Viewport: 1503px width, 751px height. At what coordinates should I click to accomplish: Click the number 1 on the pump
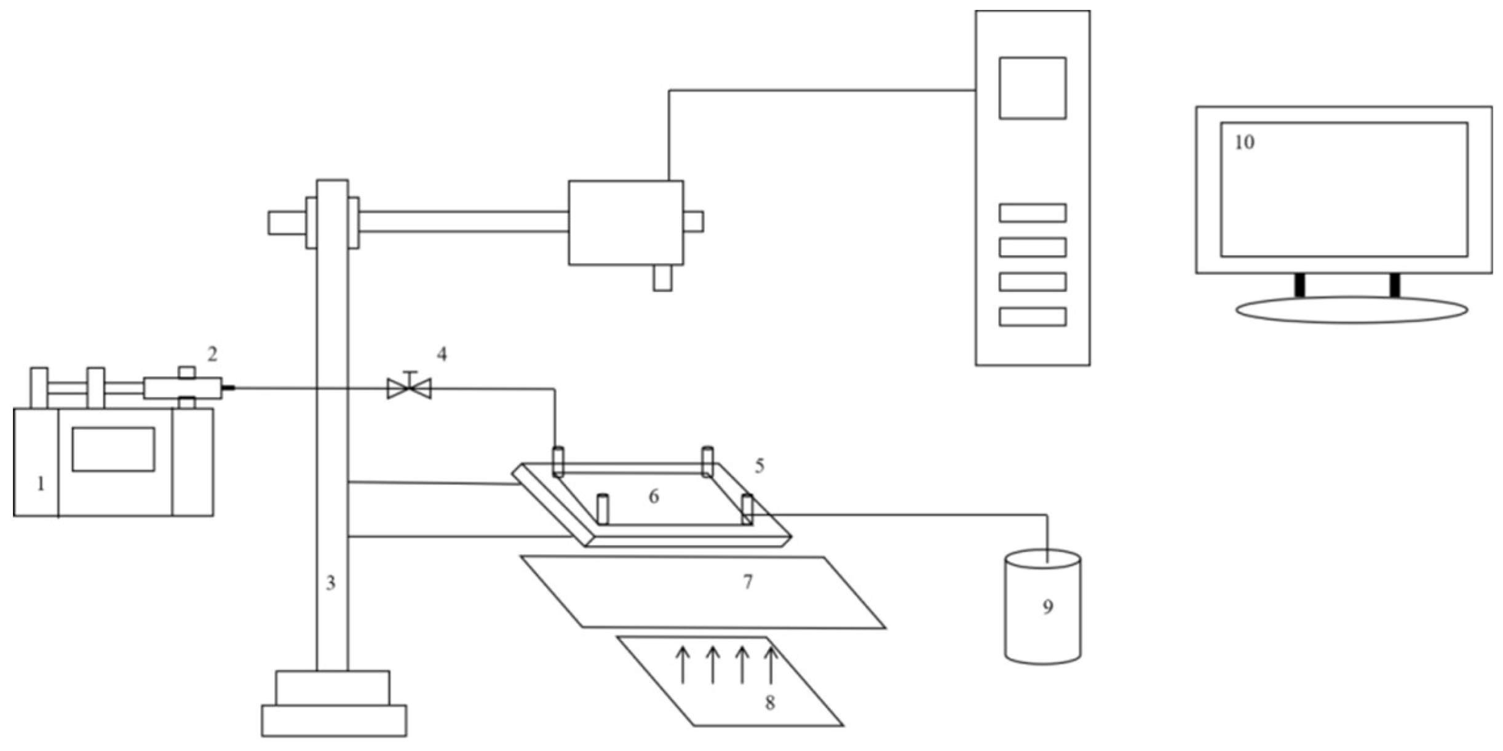pyautogui.click(x=41, y=484)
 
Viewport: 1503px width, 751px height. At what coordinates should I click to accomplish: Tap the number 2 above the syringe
pyautogui.click(x=212, y=354)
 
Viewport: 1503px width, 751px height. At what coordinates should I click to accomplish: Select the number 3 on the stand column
pyautogui.click(x=331, y=583)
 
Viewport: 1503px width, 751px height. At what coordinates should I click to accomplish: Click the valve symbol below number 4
pyautogui.click(x=409, y=388)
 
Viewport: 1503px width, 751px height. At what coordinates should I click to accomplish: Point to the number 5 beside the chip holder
pyautogui.click(x=759, y=466)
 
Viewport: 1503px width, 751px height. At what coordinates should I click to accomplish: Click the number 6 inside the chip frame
pyautogui.click(x=654, y=497)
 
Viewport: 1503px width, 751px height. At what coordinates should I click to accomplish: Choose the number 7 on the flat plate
pyautogui.click(x=748, y=581)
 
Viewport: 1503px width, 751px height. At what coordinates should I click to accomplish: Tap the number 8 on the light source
pyautogui.click(x=770, y=703)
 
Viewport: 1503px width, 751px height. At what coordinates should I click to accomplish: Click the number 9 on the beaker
pyautogui.click(x=1048, y=607)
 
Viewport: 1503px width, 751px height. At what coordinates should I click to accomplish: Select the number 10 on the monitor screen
pyautogui.click(x=1244, y=143)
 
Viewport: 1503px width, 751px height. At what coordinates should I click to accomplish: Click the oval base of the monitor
pyautogui.click(x=1352, y=310)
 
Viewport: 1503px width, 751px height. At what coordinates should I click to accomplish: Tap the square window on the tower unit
pyautogui.click(x=1033, y=88)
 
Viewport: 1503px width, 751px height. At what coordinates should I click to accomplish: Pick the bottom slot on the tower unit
pyautogui.click(x=1033, y=317)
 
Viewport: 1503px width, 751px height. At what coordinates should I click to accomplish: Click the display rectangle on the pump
pyautogui.click(x=113, y=449)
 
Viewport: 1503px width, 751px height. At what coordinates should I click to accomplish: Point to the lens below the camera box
pyautogui.click(x=662, y=278)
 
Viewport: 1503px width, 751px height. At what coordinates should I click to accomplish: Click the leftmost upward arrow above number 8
pyautogui.click(x=682, y=665)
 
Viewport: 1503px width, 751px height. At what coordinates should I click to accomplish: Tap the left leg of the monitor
pyautogui.click(x=1299, y=285)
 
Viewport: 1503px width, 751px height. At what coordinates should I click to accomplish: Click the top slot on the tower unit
pyautogui.click(x=1033, y=213)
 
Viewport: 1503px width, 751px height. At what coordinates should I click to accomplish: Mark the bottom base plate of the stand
pyautogui.click(x=334, y=720)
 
